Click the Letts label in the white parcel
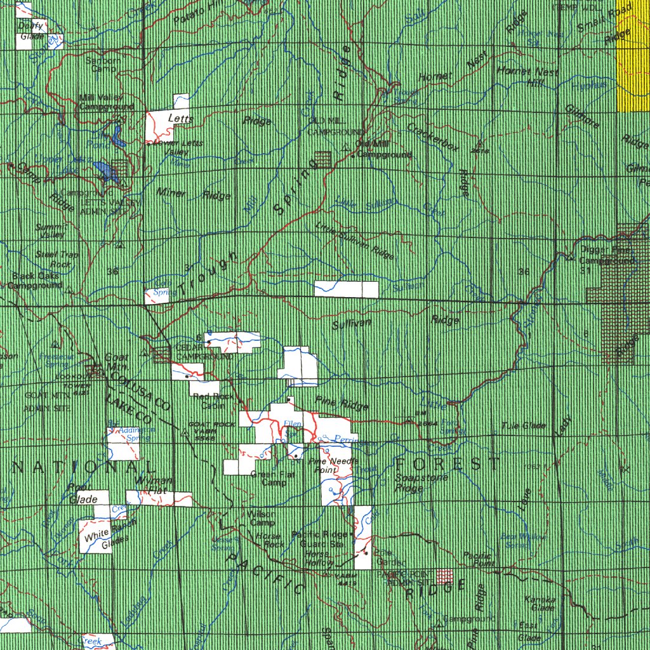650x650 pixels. tap(176, 118)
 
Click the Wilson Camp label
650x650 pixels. tap(262, 518)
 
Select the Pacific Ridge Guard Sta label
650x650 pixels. tap(321, 539)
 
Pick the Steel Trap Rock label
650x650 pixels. tap(58, 259)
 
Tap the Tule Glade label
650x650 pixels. tap(524, 425)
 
